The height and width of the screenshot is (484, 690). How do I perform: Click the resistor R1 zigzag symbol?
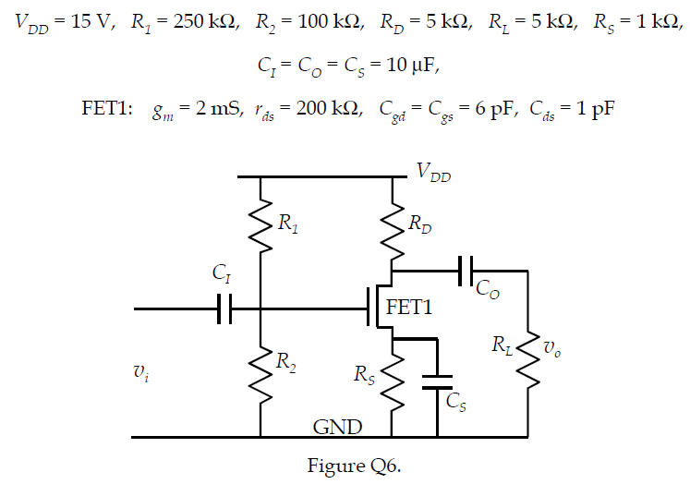(x=261, y=226)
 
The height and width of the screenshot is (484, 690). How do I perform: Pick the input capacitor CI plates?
(x=224, y=309)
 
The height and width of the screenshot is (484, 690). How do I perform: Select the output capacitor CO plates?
(x=465, y=271)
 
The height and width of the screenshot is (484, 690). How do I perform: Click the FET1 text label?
(x=409, y=308)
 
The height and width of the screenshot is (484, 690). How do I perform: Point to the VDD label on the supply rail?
(x=433, y=172)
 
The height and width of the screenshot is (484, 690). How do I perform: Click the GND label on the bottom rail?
(x=337, y=427)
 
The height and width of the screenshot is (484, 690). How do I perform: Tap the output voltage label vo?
(x=551, y=348)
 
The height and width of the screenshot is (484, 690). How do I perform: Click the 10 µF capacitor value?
(x=404, y=66)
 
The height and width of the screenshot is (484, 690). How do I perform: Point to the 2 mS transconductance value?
(x=213, y=108)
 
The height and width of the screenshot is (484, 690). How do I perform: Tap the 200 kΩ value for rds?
(x=326, y=108)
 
